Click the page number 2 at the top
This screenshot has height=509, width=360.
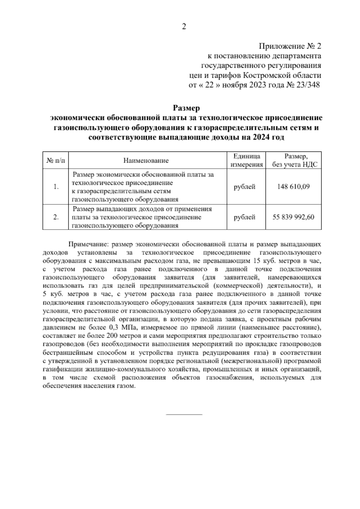[184, 27]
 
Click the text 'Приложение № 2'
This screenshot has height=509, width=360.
[290, 46]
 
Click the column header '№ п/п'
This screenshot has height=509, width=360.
[55, 160]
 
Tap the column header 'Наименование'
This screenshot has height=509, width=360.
[146, 161]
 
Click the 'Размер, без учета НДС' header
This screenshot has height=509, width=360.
[294, 160]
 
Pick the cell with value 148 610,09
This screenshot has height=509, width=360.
[294, 187]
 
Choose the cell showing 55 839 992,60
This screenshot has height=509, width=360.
[294, 217]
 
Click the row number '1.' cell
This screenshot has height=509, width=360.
[55, 187]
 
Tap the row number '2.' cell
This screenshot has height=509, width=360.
[55, 217]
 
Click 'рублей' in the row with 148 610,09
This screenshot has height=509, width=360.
[245, 187]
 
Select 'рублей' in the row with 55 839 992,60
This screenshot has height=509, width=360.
[245, 217]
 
